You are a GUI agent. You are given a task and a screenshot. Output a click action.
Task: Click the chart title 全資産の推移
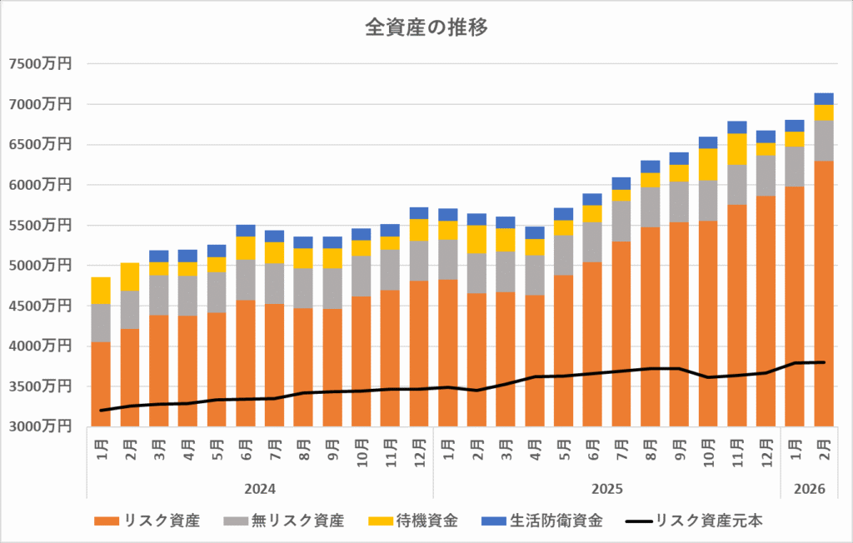coord(426,27)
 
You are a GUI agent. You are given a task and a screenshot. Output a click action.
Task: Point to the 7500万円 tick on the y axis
coord(39,64)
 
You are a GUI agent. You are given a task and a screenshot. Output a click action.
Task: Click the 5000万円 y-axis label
coord(39,266)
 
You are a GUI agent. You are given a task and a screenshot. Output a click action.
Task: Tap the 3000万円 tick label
coord(39,426)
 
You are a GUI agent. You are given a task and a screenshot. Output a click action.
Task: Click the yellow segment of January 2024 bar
coord(101,291)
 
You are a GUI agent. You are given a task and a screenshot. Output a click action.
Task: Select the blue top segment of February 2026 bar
coord(823,98)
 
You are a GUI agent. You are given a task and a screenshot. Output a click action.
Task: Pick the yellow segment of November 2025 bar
coord(736,149)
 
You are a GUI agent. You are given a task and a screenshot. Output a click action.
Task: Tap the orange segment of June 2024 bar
coord(246,363)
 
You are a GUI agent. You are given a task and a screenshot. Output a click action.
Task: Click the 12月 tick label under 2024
coord(419,450)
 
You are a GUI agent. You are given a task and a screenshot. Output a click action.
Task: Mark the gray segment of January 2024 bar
coord(101,323)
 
